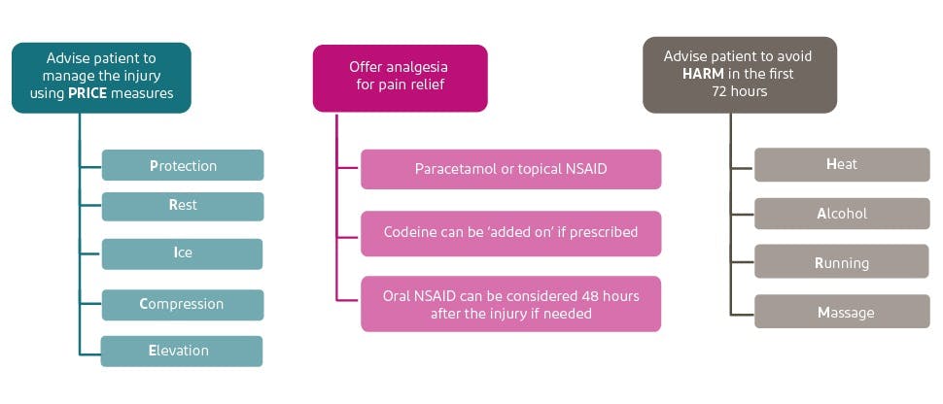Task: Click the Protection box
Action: coord(182,165)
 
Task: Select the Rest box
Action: coord(182,206)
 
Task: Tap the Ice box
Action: coord(182,253)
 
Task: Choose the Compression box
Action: coord(182,304)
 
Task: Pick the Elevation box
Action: coord(182,351)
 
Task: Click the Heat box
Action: coord(842,164)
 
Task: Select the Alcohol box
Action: coord(842,214)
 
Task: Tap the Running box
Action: coord(842,263)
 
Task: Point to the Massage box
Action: coord(842,313)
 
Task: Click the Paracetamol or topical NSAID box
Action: coord(510,169)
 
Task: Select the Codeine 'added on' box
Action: coord(510,233)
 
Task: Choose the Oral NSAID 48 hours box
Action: coord(510,304)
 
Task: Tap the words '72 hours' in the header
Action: coord(739,91)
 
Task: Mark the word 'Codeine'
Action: coord(409,233)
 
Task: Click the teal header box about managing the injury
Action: coord(101,77)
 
